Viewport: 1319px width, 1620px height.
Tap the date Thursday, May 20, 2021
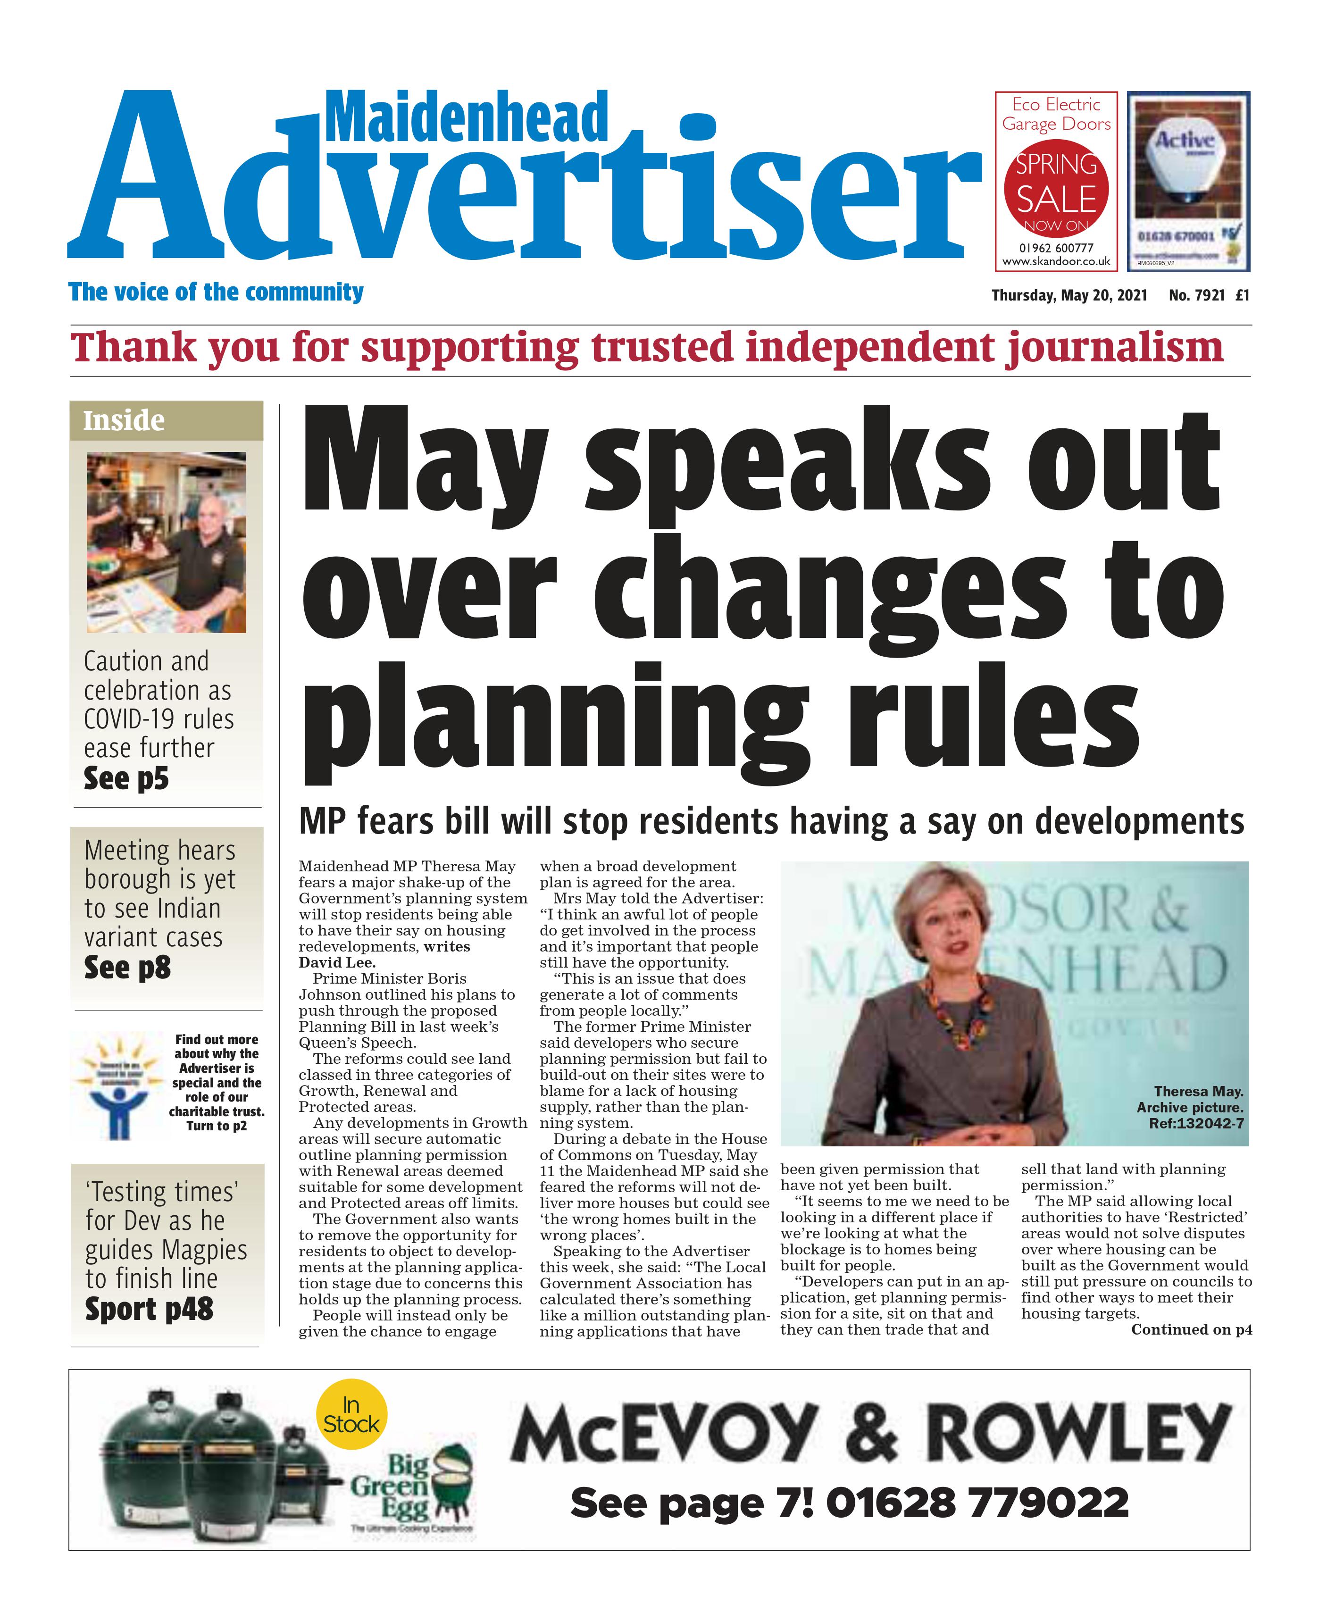(x=1069, y=296)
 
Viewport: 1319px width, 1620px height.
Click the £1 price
(x=1242, y=296)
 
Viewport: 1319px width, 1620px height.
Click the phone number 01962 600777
(x=1056, y=248)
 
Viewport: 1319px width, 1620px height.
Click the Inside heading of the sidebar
(x=124, y=421)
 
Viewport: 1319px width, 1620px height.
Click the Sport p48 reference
(x=149, y=1309)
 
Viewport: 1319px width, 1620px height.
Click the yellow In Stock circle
(x=351, y=1415)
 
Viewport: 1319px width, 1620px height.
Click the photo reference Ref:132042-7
(x=1196, y=1123)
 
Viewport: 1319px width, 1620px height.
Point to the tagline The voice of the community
(x=216, y=292)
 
